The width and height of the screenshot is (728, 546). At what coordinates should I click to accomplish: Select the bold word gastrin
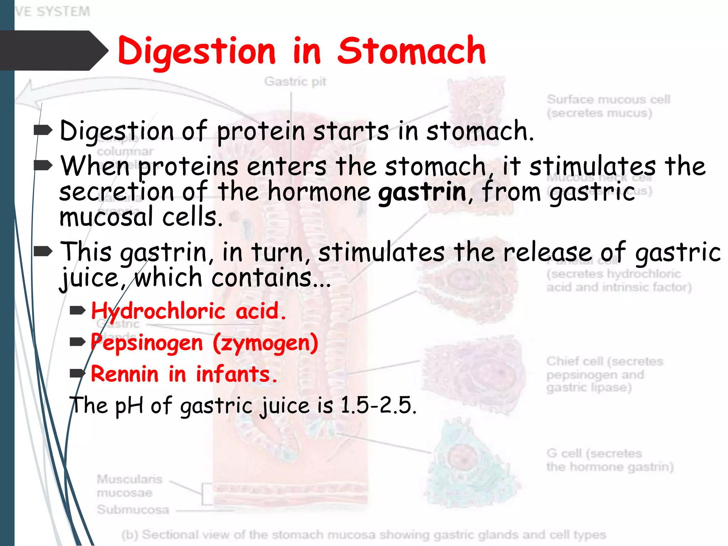pyautogui.click(x=422, y=192)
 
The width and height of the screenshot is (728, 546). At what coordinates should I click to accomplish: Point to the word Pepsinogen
pyautogui.click(x=147, y=343)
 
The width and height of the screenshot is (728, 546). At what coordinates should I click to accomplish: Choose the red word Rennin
pyautogui.click(x=124, y=374)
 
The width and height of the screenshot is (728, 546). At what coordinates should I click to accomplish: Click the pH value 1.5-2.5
pyautogui.click(x=378, y=405)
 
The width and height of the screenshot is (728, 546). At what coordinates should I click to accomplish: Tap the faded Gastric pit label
pyautogui.click(x=295, y=82)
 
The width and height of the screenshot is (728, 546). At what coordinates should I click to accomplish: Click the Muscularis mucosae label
pyautogui.click(x=129, y=486)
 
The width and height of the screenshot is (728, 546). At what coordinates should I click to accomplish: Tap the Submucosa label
pyautogui.click(x=133, y=509)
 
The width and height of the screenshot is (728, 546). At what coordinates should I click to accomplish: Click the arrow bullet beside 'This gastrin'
pyautogui.click(x=43, y=251)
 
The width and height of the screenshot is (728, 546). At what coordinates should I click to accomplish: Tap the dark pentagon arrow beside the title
pyautogui.click(x=53, y=50)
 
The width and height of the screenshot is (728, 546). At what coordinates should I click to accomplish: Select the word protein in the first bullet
pyautogui.click(x=261, y=132)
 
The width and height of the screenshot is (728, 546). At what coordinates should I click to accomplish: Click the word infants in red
pyautogui.click(x=236, y=374)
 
